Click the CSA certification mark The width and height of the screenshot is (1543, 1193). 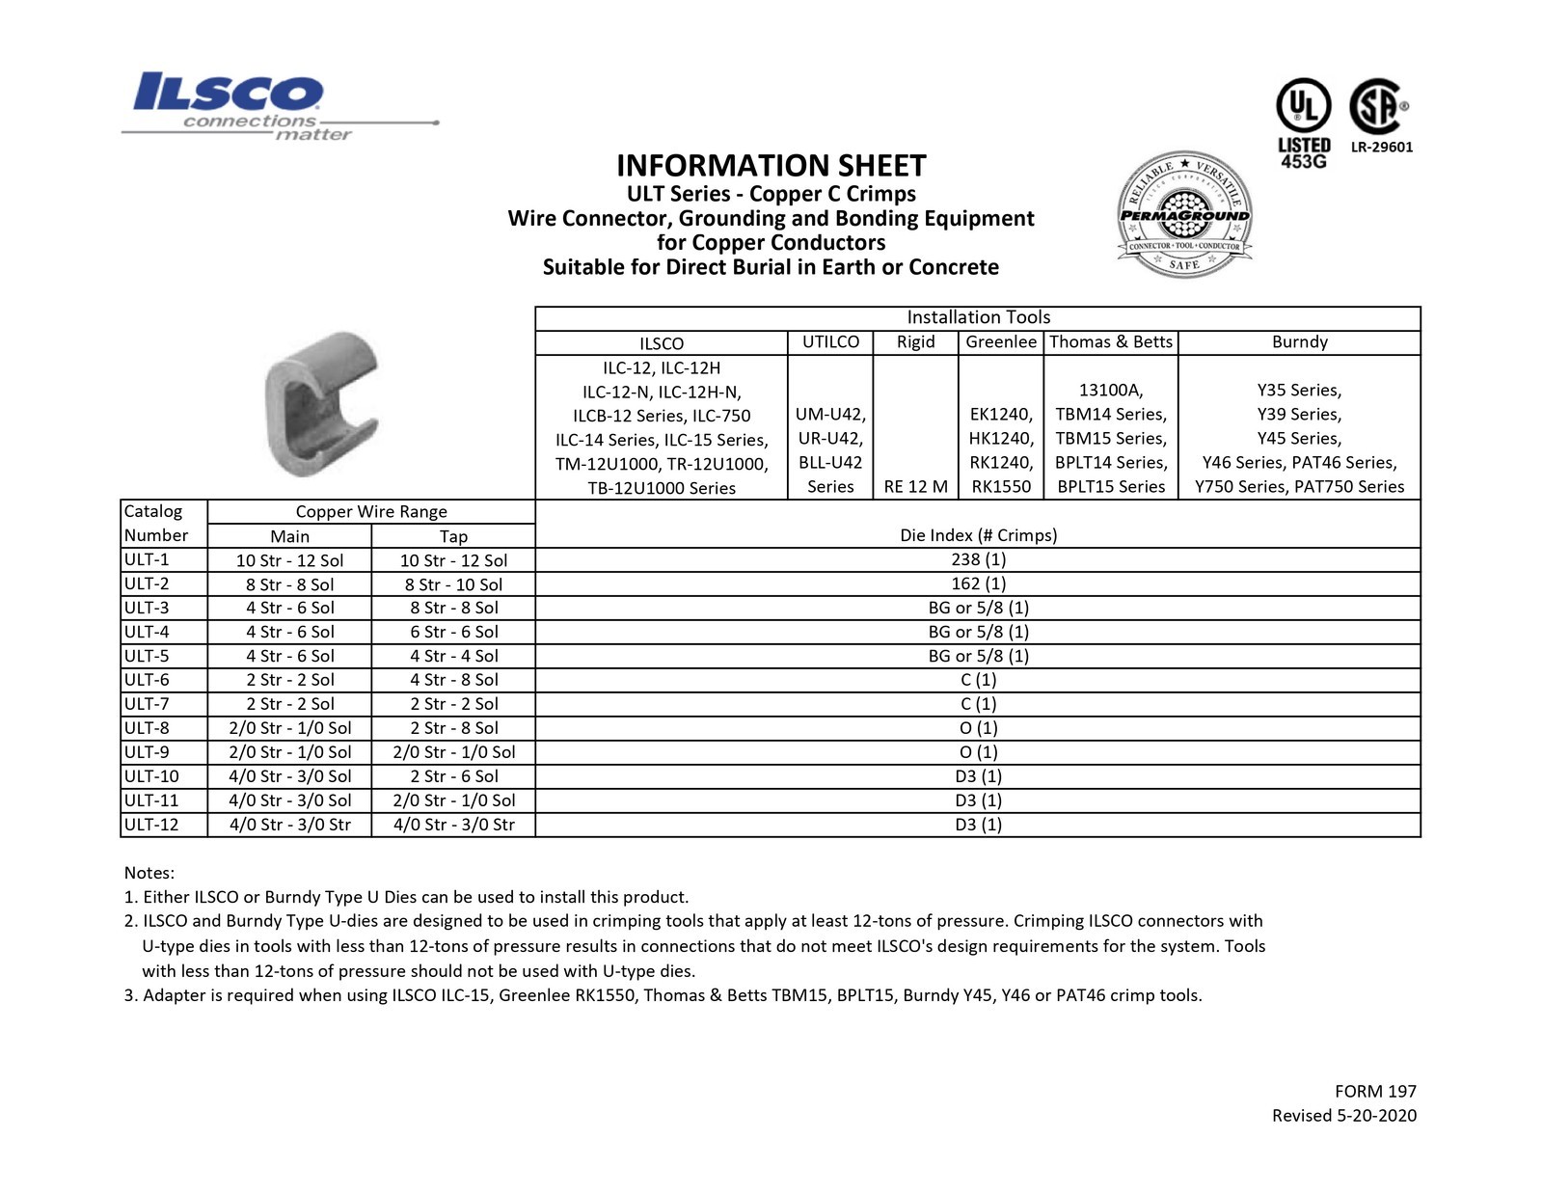pyautogui.click(x=1376, y=106)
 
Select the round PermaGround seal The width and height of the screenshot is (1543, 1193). pyautogui.click(x=1183, y=215)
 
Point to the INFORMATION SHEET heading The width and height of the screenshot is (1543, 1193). pyautogui.click(x=771, y=165)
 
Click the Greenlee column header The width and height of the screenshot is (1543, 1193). pyautogui.click(x=1000, y=342)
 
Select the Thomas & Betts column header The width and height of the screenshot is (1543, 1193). pyautogui.click(x=1110, y=342)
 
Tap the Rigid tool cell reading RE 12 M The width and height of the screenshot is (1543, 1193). pyautogui.click(x=915, y=487)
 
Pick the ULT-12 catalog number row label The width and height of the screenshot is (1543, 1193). pyautogui.click(x=151, y=825)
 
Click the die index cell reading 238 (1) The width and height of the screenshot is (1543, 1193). pyautogui.click(x=978, y=559)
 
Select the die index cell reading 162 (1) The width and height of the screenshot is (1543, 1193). pyautogui.click(x=978, y=583)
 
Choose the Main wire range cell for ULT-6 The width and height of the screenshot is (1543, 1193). pyautogui.click(x=289, y=680)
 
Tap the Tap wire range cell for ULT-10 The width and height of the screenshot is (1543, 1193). pyautogui.click(x=453, y=776)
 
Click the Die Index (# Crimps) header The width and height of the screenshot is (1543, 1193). pyautogui.click(x=978, y=535)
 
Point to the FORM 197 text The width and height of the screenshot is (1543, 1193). pyautogui.click(x=1375, y=1092)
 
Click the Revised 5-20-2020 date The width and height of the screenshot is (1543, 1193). pyautogui.click(x=1343, y=1116)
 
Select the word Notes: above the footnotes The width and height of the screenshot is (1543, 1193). pyautogui.click(x=149, y=873)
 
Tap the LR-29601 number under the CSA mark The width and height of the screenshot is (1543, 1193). pyautogui.click(x=1381, y=148)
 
